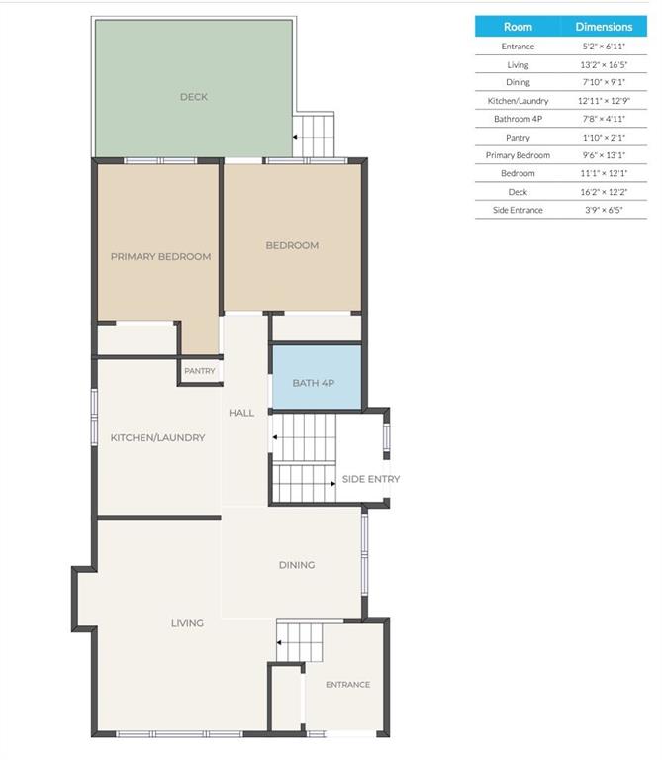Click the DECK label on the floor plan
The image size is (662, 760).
[x=194, y=97]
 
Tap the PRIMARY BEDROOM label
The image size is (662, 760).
[x=161, y=257]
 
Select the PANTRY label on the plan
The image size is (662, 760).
[x=199, y=371]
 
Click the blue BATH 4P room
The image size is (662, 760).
[x=317, y=377]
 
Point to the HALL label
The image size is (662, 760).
[x=241, y=413]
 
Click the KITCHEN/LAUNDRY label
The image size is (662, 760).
[x=158, y=437]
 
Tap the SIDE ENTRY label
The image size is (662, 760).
[x=371, y=479]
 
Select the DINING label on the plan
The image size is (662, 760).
[x=297, y=565]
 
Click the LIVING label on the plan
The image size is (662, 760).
[x=187, y=623]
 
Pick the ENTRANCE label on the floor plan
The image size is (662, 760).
[x=348, y=685]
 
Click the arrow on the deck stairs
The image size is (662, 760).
[x=295, y=137]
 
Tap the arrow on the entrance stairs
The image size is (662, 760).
[x=280, y=642]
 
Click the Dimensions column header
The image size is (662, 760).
[x=604, y=27]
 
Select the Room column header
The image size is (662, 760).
[x=518, y=27]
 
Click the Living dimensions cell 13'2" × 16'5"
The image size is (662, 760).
[x=604, y=64]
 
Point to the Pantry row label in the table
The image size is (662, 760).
[x=518, y=138]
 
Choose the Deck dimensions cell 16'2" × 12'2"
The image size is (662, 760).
[x=604, y=192]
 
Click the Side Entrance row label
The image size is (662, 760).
[x=518, y=210]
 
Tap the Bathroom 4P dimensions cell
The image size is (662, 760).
[x=604, y=119]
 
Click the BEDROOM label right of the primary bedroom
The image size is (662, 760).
[x=292, y=245]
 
